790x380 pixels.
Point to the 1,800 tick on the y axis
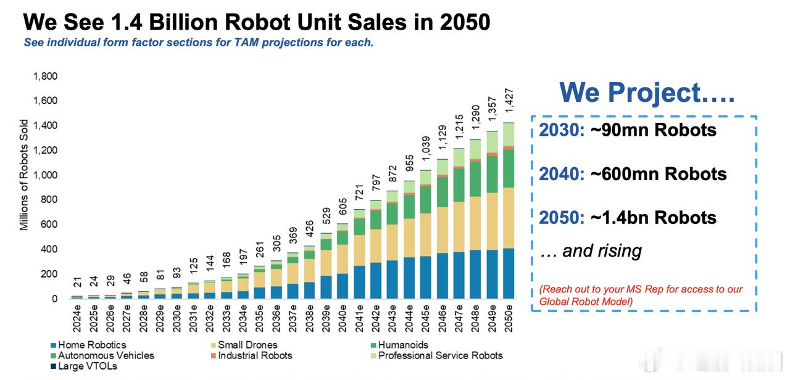pyautogui.click(x=45, y=76)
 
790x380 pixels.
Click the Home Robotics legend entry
pyautogui.click(x=91, y=345)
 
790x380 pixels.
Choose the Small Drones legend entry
pyautogui.click(x=247, y=345)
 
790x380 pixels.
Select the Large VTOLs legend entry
pyautogui.click(x=86, y=366)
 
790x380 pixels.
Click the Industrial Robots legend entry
pyautogui.click(x=254, y=355)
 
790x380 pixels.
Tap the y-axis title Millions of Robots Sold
pyautogui.click(x=24, y=175)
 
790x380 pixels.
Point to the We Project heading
pyautogui.click(x=647, y=93)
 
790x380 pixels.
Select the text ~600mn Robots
pyautogui.click(x=659, y=174)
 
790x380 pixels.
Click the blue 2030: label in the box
pyautogui.click(x=562, y=130)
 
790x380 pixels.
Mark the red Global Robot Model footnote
pyautogui.click(x=641, y=295)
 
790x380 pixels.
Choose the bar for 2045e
pyautogui.click(x=425, y=234)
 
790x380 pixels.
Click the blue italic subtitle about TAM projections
pyautogui.click(x=198, y=43)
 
